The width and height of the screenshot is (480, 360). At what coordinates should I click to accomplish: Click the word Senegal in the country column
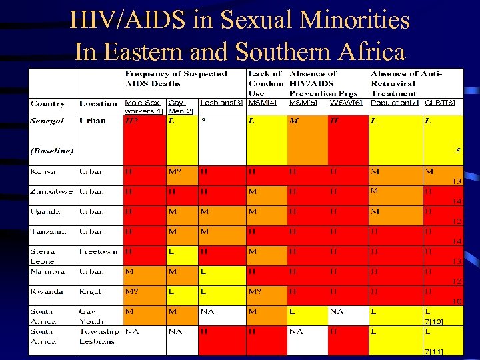click(47, 121)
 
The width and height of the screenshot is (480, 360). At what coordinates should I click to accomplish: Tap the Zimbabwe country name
click(51, 191)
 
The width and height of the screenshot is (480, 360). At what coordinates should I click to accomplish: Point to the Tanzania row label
click(48, 231)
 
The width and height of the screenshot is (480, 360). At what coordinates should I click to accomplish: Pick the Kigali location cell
click(92, 291)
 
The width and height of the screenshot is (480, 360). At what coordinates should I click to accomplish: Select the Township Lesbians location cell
click(99, 336)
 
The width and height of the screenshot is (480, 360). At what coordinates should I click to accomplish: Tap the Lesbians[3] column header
click(221, 103)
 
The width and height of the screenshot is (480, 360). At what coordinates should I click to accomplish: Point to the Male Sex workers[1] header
click(143, 107)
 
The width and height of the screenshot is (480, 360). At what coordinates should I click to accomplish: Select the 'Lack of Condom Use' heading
click(265, 83)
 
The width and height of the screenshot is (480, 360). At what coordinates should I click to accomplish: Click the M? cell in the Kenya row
click(175, 171)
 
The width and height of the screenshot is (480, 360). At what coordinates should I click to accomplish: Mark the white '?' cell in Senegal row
click(203, 121)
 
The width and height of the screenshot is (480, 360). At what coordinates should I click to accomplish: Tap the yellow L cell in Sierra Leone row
click(171, 251)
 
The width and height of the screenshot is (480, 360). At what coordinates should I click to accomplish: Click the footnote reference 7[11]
click(433, 351)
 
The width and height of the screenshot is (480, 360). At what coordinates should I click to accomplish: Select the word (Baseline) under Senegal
click(52, 151)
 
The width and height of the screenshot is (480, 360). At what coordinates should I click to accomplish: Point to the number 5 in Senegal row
click(457, 151)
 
